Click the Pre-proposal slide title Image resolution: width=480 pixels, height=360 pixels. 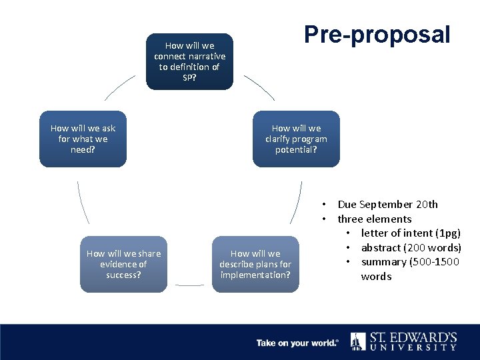[x=377, y=35]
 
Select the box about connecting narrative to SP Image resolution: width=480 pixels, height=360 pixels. [x=190, y=61]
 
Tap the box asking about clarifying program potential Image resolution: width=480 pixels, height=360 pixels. [x=296, y=139]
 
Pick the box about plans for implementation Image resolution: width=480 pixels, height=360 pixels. [x=255, y=264]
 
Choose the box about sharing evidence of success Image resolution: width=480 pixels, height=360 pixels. [x=123, y=264]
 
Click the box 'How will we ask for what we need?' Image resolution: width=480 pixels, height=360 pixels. [x=83, y=139]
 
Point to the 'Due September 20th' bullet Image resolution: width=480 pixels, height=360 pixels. [x=387, y=205]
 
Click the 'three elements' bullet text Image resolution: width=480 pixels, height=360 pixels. [x=374, y=219]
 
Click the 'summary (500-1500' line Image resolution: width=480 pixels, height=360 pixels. [x=410, y=262]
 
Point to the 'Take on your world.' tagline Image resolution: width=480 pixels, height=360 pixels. [x=297, y=343]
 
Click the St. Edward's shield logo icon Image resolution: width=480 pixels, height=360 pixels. [x=358, y=341]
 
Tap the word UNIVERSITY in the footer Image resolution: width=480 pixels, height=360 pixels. [x=413, y=347]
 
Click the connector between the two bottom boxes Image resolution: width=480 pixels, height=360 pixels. [x=189, y=286]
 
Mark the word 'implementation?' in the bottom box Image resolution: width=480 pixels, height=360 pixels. [x=255, y=275]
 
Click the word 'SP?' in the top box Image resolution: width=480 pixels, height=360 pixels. [x=190, y=77]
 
